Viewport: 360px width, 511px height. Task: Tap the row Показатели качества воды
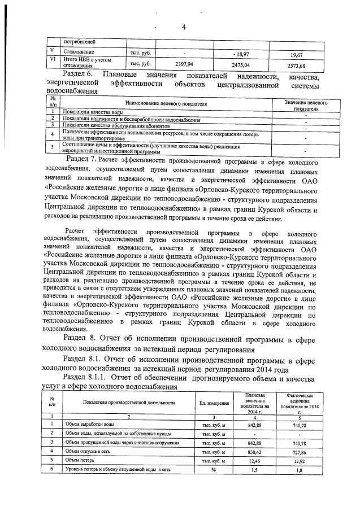[x=93, y=113]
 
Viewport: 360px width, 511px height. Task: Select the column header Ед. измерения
[x=214, y=403]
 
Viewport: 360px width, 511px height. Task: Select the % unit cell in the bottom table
[x=214, y=470]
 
